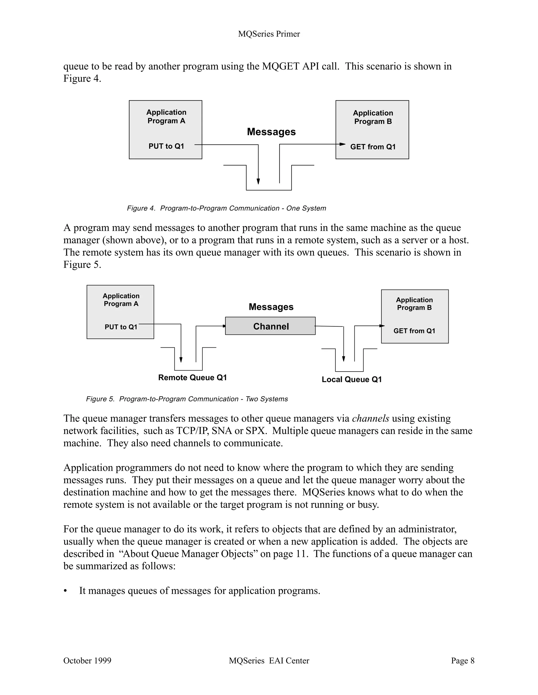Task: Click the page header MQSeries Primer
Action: tap(269, 34)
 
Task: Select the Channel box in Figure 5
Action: tap(270, 326)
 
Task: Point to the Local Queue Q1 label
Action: tap(351, 379)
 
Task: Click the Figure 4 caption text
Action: tap(226, 208)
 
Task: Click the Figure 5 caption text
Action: tap(187, 399)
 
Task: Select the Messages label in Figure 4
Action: tap(271, 132)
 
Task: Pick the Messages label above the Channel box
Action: tap(271, 307)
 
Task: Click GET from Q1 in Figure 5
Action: tap(414, 331)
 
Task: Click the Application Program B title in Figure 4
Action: tap(373, 117)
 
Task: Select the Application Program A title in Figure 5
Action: tap(121, 300)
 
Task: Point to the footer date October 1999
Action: tap(87, 661)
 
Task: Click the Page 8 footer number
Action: tap(462, 661)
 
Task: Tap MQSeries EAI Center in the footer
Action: tap(269, 661)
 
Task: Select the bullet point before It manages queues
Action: tap(66, 591)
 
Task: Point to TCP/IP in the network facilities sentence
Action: tap(192, 431)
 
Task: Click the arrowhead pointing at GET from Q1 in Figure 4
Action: tap(343, 144)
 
